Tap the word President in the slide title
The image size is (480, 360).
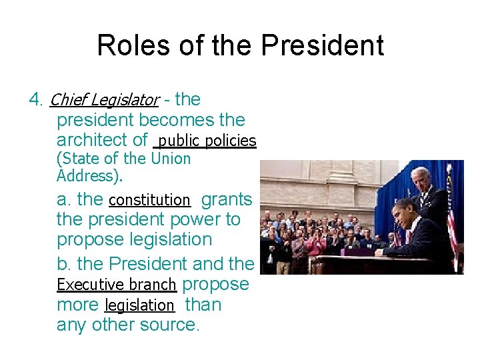322,45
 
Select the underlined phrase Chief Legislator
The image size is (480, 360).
104,100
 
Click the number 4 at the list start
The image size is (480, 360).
35,100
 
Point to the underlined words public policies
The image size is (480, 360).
207,141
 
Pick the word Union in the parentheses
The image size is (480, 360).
171,159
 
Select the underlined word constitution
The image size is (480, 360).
149,200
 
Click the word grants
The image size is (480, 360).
227,199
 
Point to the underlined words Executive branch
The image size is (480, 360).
117,285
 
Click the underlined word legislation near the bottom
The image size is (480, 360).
140,305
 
